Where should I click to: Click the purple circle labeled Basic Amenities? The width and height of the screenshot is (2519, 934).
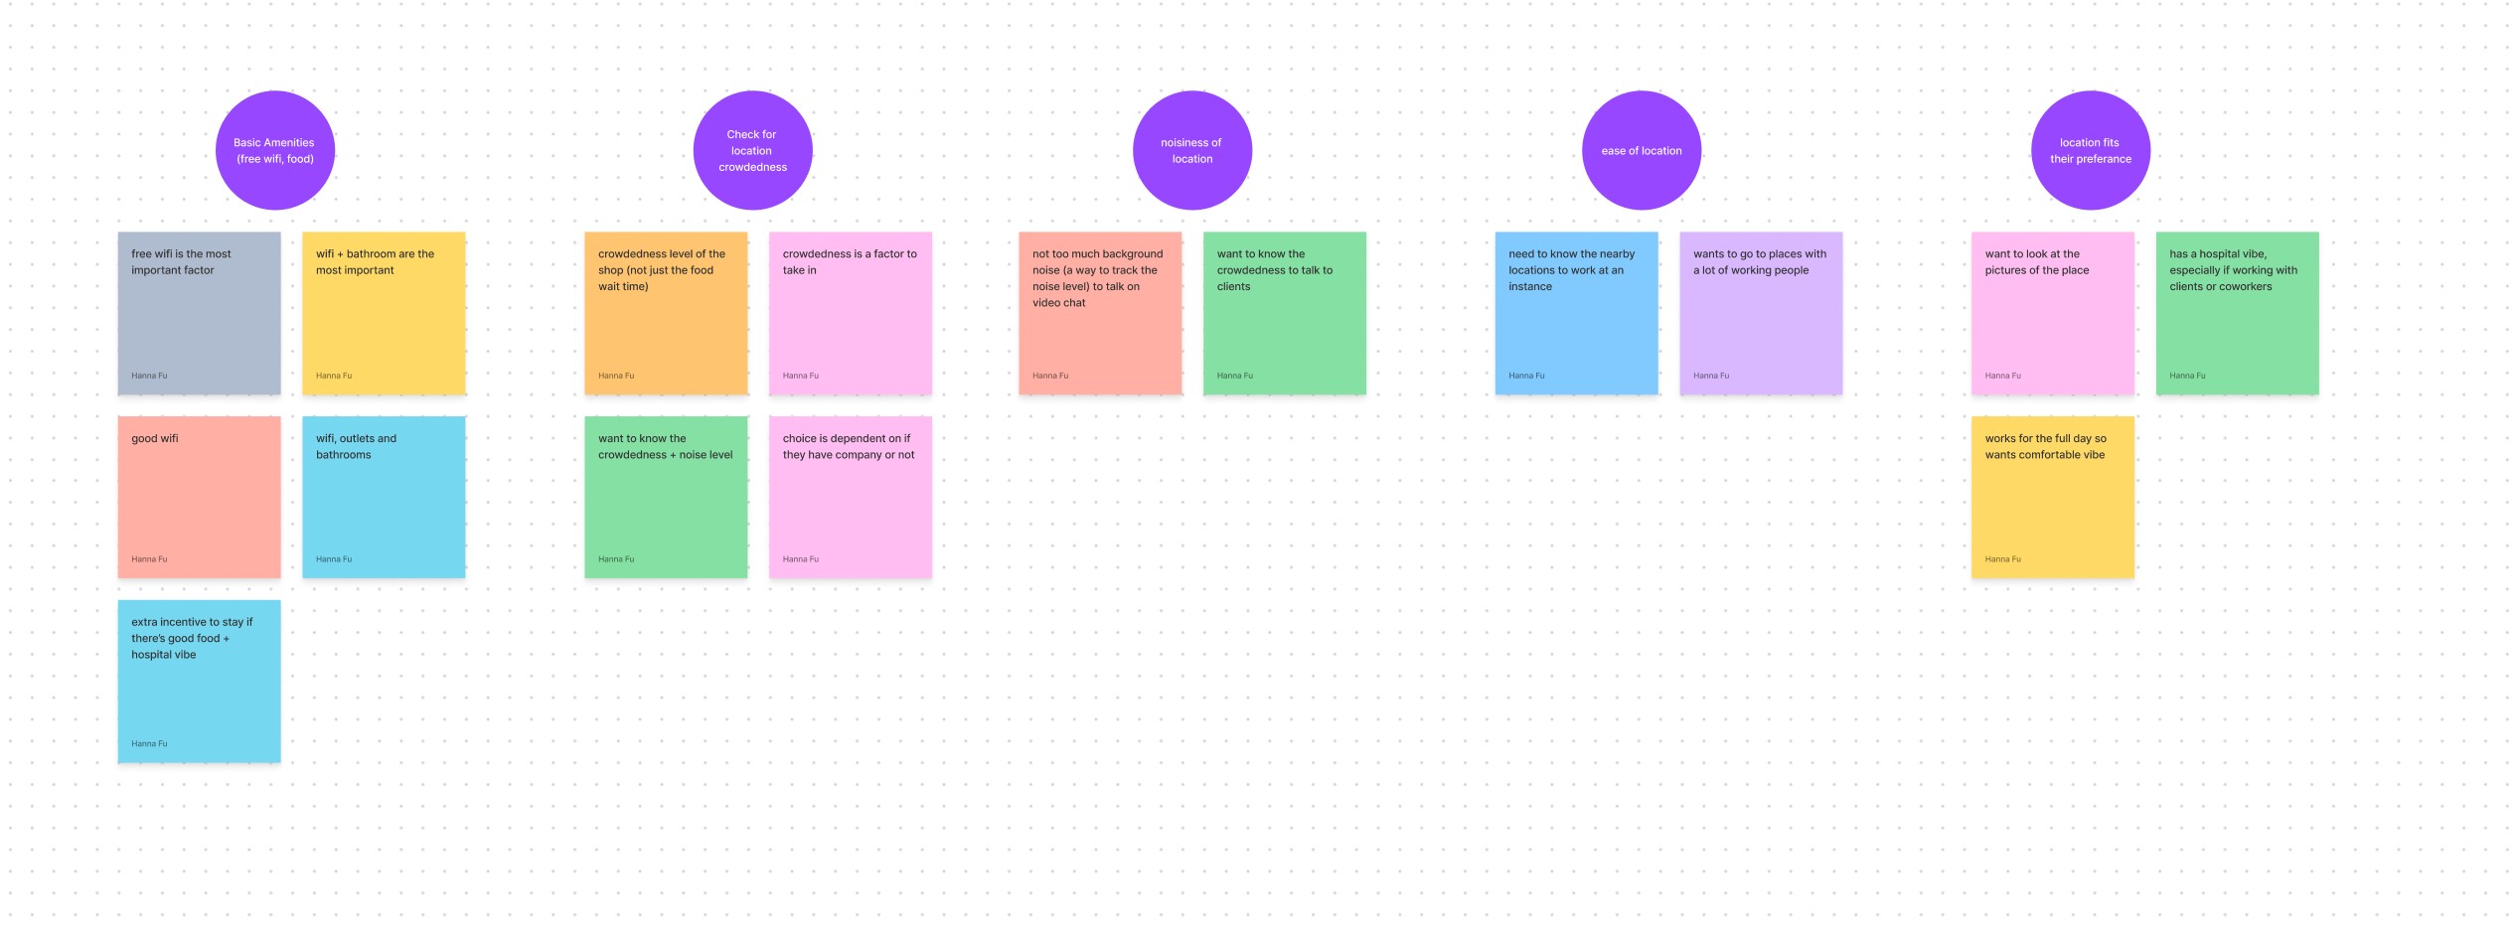click(x=275, y=150)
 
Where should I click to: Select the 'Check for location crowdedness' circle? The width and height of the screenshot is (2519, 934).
click(x=752, y=150)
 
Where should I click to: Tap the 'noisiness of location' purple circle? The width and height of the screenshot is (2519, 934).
click(x=1191, y=150)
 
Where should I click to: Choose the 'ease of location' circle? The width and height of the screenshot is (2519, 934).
click(x=1641, y=150)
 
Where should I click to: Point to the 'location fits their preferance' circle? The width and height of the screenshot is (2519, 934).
click(x=2090, y=150)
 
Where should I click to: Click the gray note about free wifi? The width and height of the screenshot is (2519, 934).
click(x=199, y=313)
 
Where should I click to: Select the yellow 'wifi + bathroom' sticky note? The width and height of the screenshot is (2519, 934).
click(x=384, y=313)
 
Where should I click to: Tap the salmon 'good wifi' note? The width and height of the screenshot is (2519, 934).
click(x=199, y=497)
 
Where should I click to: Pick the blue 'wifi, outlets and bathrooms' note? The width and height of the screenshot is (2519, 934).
click(x=384, y=497)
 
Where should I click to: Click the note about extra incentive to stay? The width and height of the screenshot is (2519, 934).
click(x=199, y=682)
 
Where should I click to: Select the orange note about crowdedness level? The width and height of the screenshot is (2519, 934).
click(x=666, y=313)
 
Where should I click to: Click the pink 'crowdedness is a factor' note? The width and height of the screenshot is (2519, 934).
click(x=850, y=313)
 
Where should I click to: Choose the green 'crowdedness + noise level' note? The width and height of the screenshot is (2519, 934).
click(x=666, y=497)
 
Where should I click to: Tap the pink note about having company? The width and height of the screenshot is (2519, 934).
click(x=850, y=497)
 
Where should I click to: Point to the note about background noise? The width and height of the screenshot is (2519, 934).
click(x=1100, y=313)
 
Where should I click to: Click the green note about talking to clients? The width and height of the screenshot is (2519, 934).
click(x=1284, y=313)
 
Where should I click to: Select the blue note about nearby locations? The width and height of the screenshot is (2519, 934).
click(x=1576, y=313)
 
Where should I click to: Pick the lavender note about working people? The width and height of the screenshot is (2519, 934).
click(x=1761, y=313)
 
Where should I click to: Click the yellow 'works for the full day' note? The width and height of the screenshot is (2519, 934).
click(x=2052, y=497)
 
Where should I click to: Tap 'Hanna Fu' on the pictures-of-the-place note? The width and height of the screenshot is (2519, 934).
click(x=2002, y=376)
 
